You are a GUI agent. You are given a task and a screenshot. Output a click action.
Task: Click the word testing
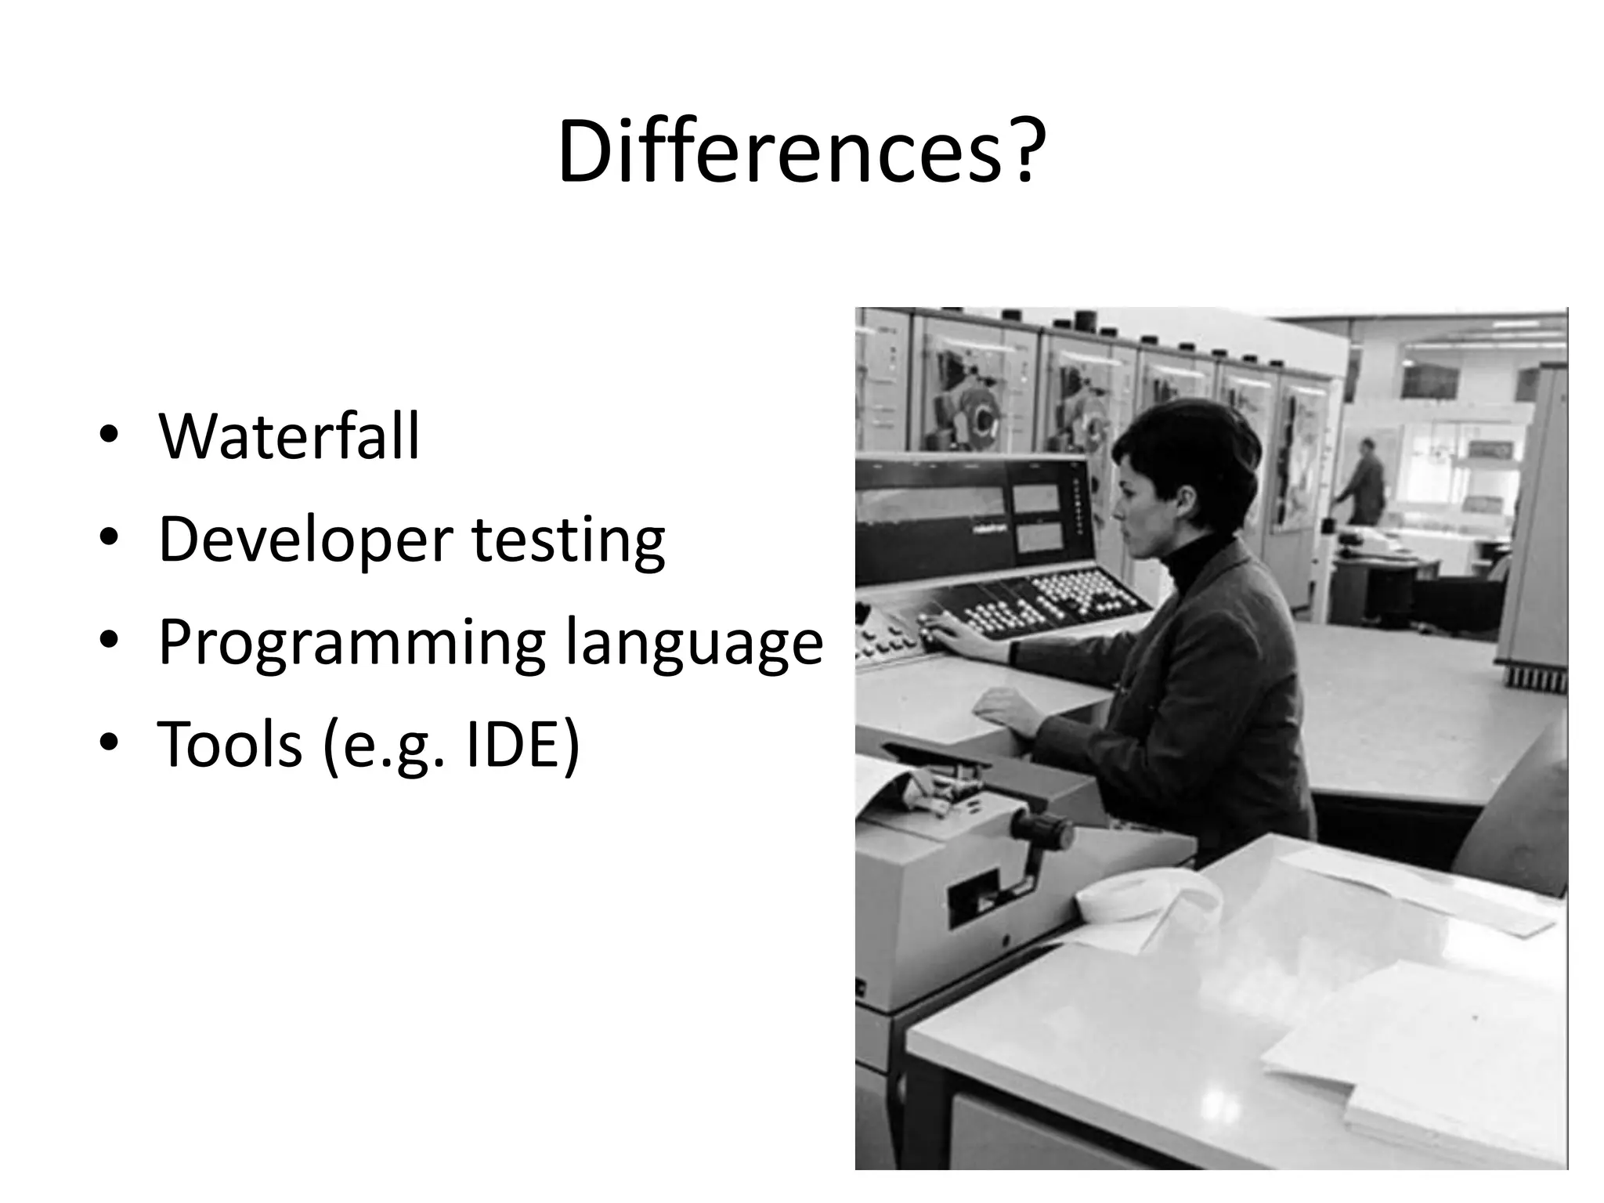[569, 540]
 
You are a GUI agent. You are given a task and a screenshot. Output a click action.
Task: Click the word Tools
[229, 743]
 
